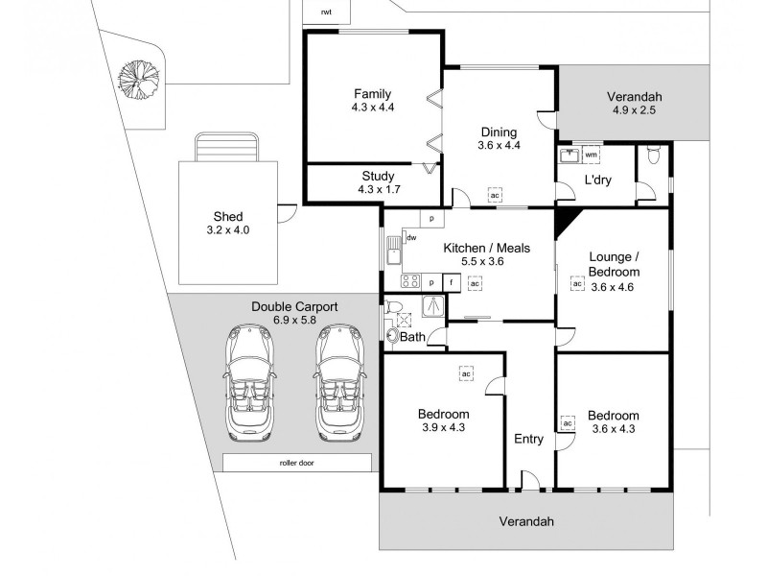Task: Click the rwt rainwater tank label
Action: pos(326,12)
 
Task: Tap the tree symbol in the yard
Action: pos(138,80)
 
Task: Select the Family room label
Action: pos(373,93)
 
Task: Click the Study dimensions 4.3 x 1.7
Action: pos(379,189)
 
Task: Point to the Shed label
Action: pos(228,217)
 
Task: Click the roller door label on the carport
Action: pos(297,463)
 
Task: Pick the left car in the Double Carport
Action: pos(249,382)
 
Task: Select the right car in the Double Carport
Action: pos(339,382)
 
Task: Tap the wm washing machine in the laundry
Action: pos(592,155)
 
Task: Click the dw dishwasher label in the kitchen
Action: pos(411,238)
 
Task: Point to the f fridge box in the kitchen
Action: pos(452,282)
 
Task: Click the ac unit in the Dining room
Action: pos(495,196)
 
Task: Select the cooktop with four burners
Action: pos(410,281)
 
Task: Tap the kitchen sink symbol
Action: pos(393,251)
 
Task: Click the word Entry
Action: pos(529,440)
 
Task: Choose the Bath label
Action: pos(413,337)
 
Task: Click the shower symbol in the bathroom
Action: pos(433,305)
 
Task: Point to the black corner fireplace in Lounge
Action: pos(566,222)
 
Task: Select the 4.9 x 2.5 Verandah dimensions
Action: pos(634,110)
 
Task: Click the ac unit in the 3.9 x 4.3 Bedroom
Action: pos(466,374)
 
